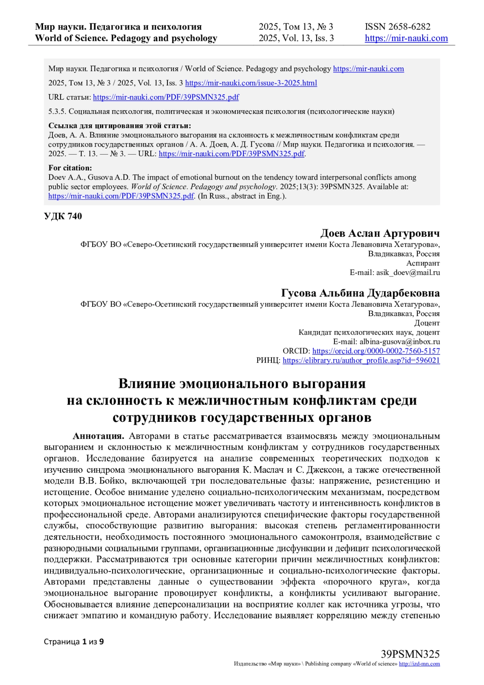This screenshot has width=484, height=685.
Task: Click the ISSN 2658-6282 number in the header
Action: point(397,27)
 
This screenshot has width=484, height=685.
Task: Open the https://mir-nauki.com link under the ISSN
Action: point(406,38)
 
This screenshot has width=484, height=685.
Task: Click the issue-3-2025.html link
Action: point(251,83)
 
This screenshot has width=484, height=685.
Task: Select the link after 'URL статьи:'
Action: point(166,97)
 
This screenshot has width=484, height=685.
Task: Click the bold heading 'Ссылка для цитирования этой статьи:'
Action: point(119,126)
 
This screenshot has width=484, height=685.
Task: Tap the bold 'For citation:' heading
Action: point(70,168)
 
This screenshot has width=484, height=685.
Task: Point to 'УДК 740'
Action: point(63,216)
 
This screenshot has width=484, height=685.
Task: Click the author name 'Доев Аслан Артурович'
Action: point(380,233)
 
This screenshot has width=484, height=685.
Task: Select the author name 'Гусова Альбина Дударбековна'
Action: point(360,293)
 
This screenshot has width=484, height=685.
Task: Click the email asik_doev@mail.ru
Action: point(408,272)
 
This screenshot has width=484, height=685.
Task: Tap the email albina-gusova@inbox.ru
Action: point(400,342)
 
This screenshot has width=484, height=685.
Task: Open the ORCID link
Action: point(376,351)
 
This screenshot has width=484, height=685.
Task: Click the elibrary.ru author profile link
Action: point(361,360)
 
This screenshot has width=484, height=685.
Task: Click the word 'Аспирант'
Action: point(423,263)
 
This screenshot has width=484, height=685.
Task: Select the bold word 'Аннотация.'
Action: point(98,436)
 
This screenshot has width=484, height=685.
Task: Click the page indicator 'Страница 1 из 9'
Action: point(74,641)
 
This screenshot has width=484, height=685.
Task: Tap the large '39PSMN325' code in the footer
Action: point(410,654)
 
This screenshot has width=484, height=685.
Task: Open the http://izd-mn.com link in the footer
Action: point(419,664)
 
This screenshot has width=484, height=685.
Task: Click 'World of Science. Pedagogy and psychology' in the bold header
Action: point(126,38)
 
